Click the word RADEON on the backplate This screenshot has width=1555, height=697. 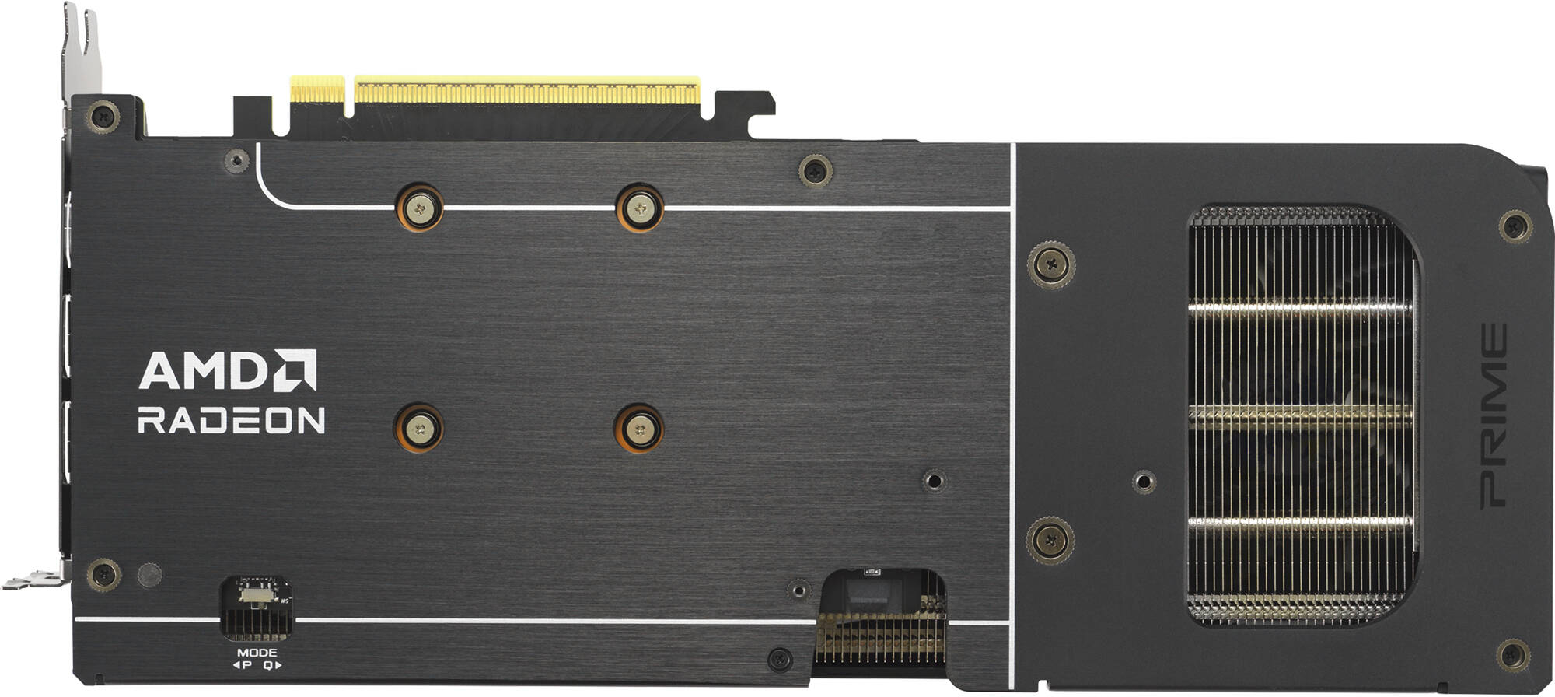(231, 420)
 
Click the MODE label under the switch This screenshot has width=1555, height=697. (257, 653)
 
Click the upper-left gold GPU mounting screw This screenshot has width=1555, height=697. (420, 208)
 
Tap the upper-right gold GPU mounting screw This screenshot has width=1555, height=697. (640, 208)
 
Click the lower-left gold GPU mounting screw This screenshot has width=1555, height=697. (419, 428)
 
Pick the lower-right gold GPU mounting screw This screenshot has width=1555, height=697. (639, 428)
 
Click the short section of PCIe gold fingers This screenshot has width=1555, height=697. (316, 89)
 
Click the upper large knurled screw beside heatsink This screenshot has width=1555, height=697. (1051, 264)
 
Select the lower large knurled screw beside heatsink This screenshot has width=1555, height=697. (1050, 539)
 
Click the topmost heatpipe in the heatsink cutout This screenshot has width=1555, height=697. (1300, 308)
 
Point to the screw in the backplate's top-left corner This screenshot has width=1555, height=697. (103, 117)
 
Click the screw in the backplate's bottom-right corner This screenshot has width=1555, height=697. (1512, 655)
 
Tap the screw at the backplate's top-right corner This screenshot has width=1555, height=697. (1515, 226)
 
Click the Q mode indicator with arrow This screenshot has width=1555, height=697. (272, 665)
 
